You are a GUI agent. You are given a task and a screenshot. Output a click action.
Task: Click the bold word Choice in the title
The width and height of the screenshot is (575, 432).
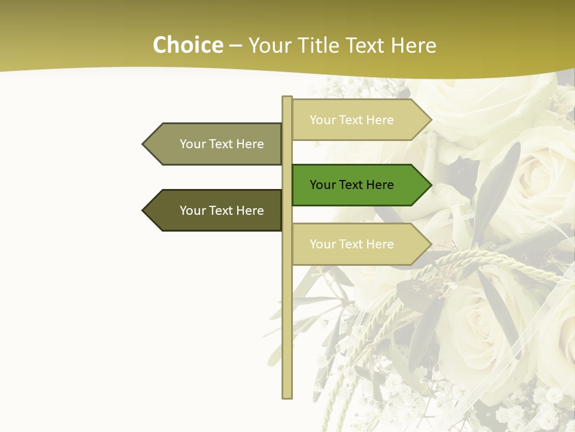click(x=187, y=45)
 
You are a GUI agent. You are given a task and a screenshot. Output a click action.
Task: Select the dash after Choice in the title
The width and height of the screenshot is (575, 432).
click(x=235, y=46)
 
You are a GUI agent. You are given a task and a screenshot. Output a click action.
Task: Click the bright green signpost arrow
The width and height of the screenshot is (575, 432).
click(x=353, y=185)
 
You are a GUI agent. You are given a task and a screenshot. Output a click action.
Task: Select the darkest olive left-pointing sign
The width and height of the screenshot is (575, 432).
click(x=216, y=211)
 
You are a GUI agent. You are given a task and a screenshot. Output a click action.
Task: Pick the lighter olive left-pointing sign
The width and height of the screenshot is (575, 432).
click(x=216, y=144)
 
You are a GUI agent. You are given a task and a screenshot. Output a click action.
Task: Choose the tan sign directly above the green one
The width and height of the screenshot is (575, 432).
click(x=353, y=120)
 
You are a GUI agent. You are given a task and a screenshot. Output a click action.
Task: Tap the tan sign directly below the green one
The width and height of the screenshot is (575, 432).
click(x=353, y=244)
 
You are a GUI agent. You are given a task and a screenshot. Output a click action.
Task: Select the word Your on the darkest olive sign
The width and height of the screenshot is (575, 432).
click(x=193, y=211)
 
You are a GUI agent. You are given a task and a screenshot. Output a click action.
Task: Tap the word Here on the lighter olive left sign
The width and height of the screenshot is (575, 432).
click(x=250, y=144)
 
